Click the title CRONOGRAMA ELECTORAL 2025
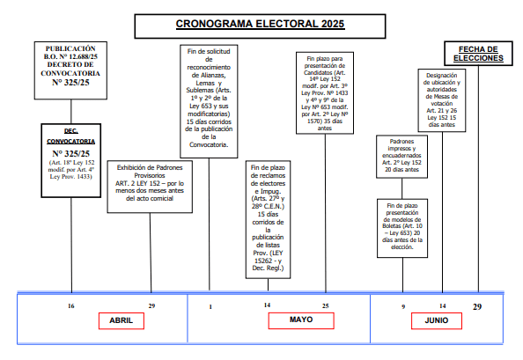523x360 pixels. coord(260,24)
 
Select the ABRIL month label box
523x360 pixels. coord(122,320)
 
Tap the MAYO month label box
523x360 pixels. coord(301,320)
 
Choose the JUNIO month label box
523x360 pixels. coord(437,320)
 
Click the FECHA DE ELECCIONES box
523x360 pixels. coord(478,54)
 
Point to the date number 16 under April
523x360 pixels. coord(71,306)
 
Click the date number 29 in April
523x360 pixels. coord(151,306)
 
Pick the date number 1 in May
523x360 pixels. coord(210,306)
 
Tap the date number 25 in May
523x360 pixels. coord(326,305)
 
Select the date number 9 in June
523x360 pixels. coord(403,306)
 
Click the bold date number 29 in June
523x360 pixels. coord(477,306)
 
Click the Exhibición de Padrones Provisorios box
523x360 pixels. coord(150,187)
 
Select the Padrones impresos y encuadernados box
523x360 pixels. coord(401,157)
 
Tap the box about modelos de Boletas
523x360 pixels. coord(402,228)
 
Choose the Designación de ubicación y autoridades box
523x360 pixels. coord(442,100)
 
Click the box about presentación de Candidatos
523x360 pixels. coord(325,93)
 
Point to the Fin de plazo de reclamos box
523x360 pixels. coord(269,220)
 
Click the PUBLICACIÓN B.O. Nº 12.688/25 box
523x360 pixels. coord(70,70)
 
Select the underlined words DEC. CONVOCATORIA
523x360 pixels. coord(71,136)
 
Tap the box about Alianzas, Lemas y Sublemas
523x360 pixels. coord(209,101)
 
